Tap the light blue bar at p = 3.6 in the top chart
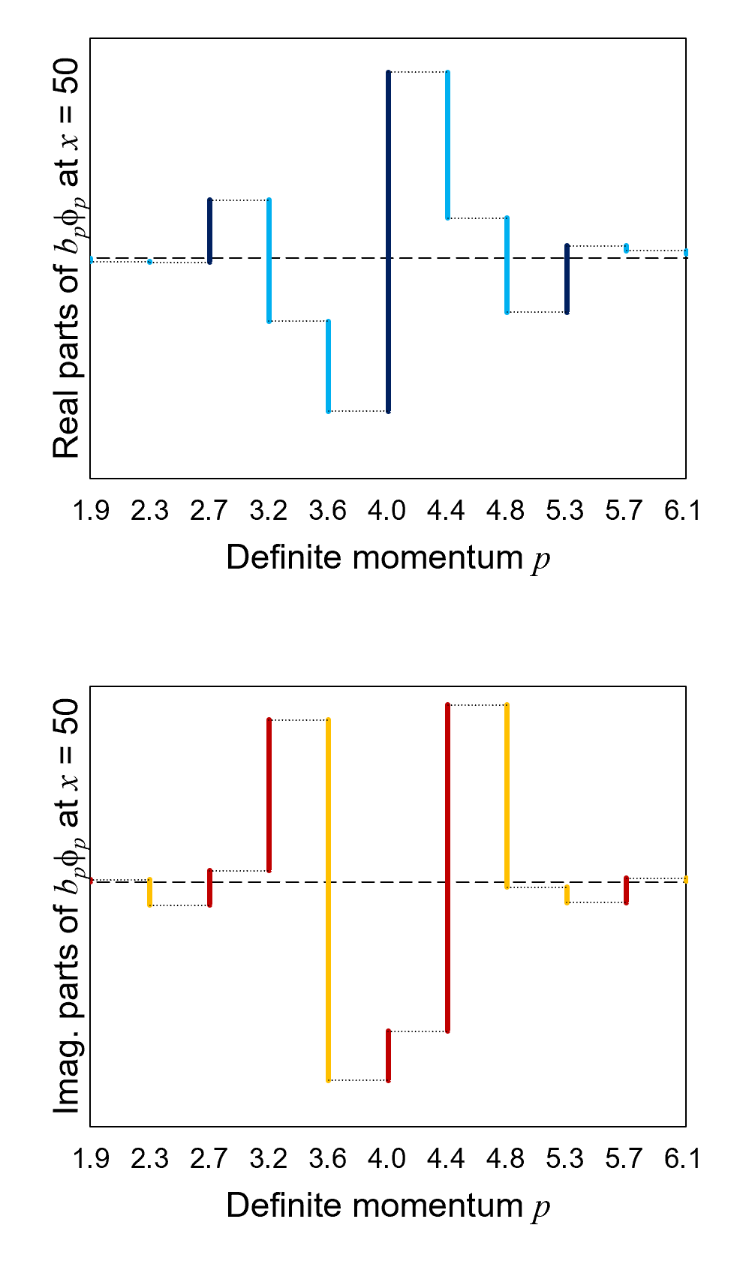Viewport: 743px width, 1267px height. (x=329, y=366)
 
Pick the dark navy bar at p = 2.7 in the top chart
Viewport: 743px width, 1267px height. (x=209, y=231)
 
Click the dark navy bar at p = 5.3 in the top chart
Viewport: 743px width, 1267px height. (x=567, y=278)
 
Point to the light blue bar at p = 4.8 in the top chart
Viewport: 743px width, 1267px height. (x=507, y=265)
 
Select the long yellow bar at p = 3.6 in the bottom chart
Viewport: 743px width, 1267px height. (x=329, y=899)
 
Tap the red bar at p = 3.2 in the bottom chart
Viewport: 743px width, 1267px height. (x=269, y=795)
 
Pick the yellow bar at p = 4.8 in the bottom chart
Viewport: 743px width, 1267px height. (x=507, y=796)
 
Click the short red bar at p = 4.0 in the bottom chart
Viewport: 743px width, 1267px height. (x=388, y=1055)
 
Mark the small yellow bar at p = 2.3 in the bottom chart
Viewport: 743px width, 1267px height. (x=150, y=892)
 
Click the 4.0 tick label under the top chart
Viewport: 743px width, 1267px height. (x=387, y=511)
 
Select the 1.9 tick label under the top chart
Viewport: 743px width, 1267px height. (x=91, y=511)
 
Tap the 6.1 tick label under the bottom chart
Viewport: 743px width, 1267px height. (x=682, y=1159)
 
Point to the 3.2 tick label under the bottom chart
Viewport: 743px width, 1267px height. (x=268, y=1159)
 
